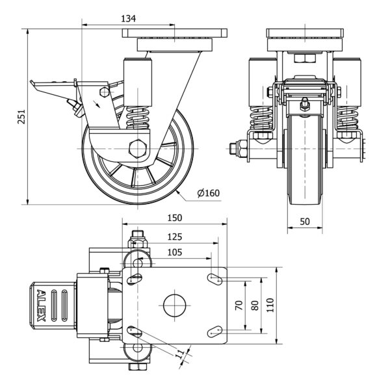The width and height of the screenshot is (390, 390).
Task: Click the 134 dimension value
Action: coord(128,19)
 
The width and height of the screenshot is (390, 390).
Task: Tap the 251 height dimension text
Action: coord(21,115)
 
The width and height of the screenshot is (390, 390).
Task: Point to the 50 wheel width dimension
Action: coord(304,222)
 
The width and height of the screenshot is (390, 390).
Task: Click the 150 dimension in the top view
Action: coord(174,218)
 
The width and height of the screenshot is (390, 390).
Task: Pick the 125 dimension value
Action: coord(174,237)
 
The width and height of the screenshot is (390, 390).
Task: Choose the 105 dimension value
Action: coord(174,252)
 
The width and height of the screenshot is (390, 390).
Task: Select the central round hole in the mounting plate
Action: coord(174,305)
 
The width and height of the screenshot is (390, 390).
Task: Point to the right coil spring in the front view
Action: coord(348,119)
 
